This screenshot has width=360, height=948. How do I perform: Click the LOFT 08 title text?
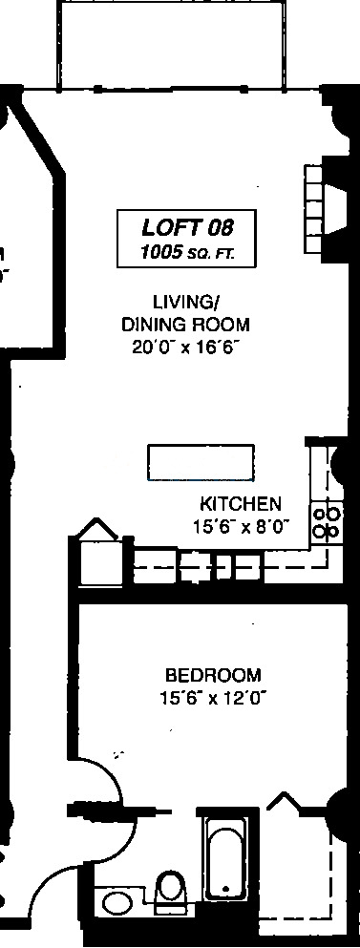187,228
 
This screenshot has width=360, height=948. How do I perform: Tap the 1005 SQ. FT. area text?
187,252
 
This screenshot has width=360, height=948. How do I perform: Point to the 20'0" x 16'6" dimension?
186,348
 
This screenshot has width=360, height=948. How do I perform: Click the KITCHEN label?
241,504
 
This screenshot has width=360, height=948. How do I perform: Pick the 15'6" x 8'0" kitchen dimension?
242,527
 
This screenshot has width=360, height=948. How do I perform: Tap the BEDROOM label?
214,675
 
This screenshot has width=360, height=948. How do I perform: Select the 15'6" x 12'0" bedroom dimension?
214,699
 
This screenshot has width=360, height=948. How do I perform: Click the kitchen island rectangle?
201,462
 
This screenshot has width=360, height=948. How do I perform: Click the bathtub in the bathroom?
226,858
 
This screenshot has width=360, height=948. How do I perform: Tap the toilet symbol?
169,892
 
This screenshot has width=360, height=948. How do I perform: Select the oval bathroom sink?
117,903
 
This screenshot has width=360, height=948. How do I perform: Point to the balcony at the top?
171,45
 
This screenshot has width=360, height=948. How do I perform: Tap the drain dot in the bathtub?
226,890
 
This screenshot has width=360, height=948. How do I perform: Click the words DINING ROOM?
185,326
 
